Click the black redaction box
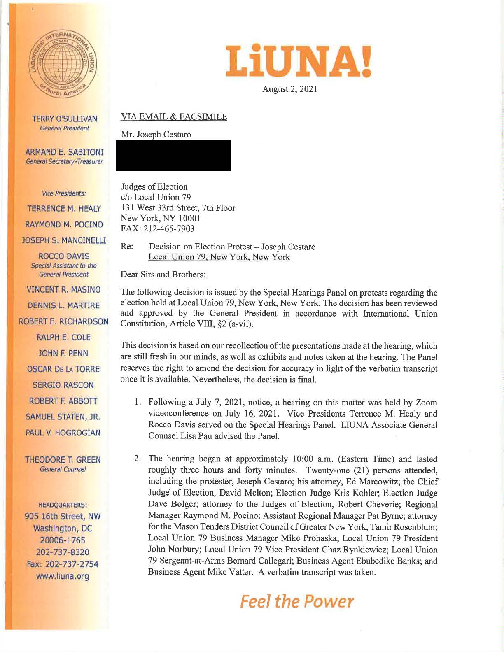(173, 156)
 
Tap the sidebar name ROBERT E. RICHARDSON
(64, 321)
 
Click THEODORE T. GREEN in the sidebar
(63, 460)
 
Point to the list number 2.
(139, 459)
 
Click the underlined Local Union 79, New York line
(219, 257)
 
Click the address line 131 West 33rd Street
(177, 208)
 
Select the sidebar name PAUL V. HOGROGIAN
(63, 433)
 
